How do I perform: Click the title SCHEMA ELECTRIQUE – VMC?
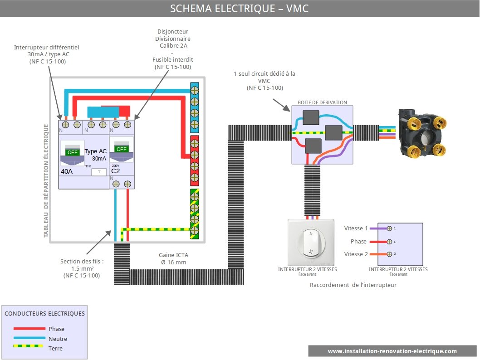(240, 9)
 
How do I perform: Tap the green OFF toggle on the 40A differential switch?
(73, 152)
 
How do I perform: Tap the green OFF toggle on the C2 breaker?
(122, 149)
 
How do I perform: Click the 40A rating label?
(66, 172)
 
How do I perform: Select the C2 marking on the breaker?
(116, 171)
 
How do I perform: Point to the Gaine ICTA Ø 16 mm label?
(172, 259)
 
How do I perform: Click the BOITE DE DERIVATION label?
(322, 102)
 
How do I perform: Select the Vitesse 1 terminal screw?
(389, 228)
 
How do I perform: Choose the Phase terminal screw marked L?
(389, 242)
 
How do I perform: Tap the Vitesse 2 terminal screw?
(389, 254)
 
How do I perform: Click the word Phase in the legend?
(56, 329)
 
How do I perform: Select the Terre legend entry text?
(55, 348)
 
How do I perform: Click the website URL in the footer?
(392, 351)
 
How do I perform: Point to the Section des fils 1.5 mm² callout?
(82, 268)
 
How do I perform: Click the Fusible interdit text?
(173, 59)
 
